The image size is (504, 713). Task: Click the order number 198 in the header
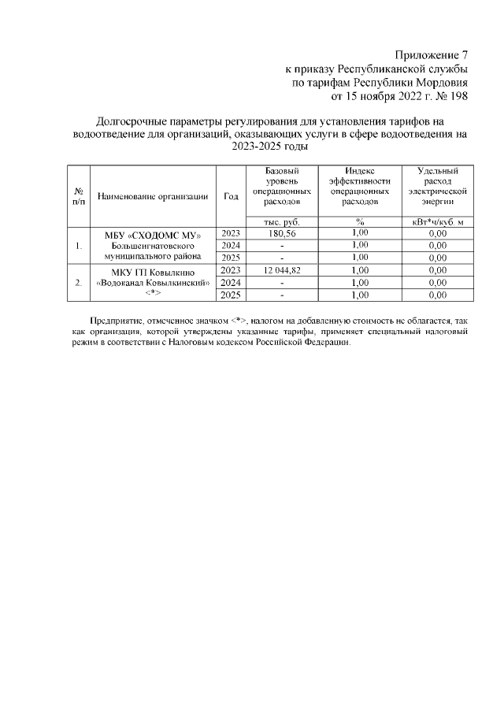pos(458,98)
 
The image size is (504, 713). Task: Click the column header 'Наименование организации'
pos(153,196)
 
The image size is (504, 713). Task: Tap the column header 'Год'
pos(231,196)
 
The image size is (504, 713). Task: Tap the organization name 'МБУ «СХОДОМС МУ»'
pos(153,234)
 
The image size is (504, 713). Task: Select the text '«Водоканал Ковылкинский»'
pos(153,283)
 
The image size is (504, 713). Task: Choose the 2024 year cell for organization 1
pos(231,246)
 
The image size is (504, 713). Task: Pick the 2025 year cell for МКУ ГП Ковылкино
pos(231,295)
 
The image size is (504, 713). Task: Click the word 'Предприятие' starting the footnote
pos(115,322)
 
